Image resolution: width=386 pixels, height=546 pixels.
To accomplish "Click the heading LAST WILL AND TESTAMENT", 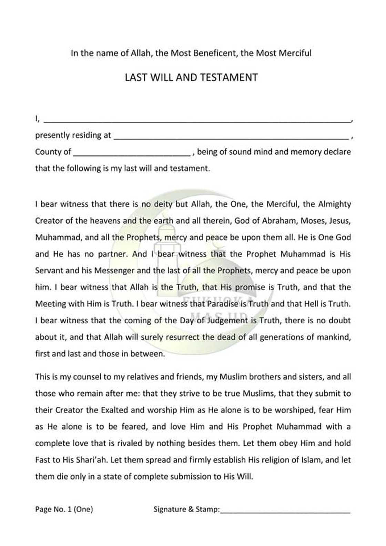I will [x=191, y=77].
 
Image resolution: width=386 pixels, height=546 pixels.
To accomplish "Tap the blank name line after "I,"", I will [x=196, y=121].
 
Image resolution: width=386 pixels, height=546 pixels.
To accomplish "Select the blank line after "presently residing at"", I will [x=231, y=137].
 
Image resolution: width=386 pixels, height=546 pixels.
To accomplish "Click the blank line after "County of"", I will [x=132, y=154].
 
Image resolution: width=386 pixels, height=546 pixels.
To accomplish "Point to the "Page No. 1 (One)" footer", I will [x=64, y=509].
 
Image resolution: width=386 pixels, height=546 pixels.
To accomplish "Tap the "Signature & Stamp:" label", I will [x=186, y=509].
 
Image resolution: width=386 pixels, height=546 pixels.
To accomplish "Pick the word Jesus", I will [x=340, y=221].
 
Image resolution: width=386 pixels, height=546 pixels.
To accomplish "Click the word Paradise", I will [x=222, y=304].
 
